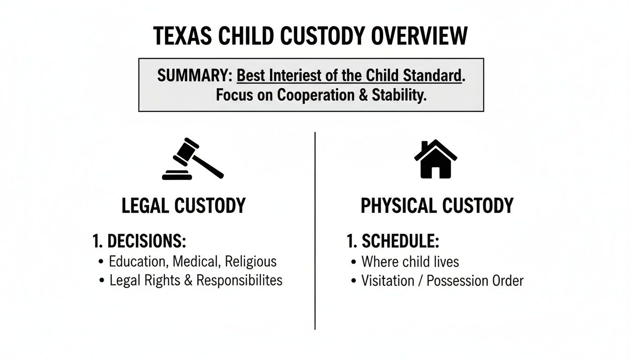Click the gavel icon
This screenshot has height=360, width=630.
[x=193, y=159]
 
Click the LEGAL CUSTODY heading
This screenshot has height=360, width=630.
[x=183, y=206]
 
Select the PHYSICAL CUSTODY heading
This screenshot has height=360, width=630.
[x=437, y=206]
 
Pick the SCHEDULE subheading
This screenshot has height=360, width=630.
[x=400, y=241]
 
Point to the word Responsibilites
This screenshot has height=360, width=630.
[x=239, y=280]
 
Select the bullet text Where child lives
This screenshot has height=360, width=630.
[x=410, y=261]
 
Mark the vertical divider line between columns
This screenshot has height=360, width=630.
[x=315, y=230]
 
